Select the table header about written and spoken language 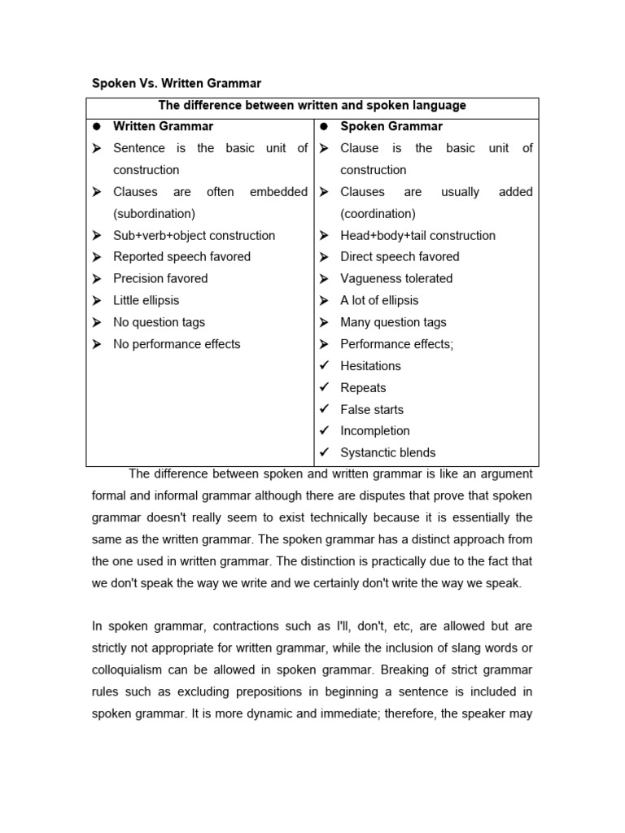tap(312, 106)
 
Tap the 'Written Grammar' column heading tap(163, 126)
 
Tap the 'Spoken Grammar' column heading tap(391, 126)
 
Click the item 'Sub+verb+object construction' tap(194, 235)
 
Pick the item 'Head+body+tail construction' tap(417, 235)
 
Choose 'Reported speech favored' tap(181, 256)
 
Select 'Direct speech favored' tap(400, 256)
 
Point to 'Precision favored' tap(160, 278)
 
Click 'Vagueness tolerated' tap(396, 278)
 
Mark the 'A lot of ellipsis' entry tap(379, 300)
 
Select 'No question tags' tap(159, 322)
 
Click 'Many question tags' tap(393, 322)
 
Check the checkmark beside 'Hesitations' tap(324, 365)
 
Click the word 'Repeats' tap(363, 388)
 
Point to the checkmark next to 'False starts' tap(324, 409)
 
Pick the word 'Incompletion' tap(374, 430)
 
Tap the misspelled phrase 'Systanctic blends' tap(387, 452)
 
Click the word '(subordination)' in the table tap(154, 213)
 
